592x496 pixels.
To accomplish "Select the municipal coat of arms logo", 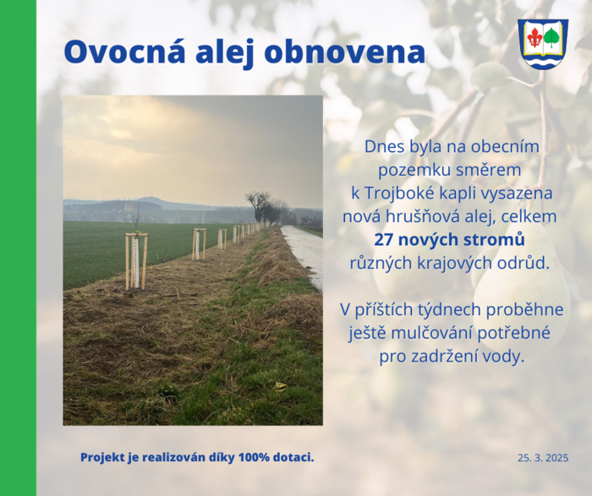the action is point(543,44).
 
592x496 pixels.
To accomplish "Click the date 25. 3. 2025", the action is point(543,458).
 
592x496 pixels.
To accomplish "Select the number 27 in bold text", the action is point(384,240).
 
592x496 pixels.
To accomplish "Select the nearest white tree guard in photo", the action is point(136,261).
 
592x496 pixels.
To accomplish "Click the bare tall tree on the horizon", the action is point(260,205).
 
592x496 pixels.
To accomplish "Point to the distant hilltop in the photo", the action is point(148,199).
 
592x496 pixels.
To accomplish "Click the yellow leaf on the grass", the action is point(280,386).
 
